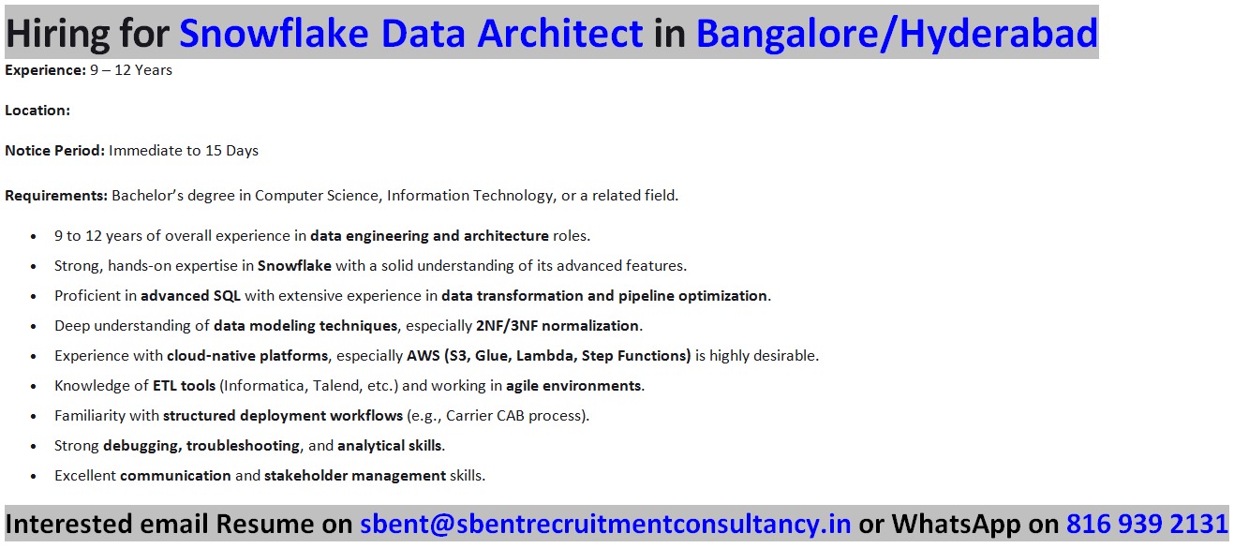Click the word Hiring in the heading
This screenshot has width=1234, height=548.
(x=57, y=34)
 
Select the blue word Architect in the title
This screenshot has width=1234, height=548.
(x=559, y=33)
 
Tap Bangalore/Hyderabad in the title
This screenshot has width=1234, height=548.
(x=897, y=34)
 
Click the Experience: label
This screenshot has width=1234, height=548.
(x=45, y=70)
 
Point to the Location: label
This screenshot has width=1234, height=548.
(x=37, y=111)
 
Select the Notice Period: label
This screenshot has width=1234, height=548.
(x=54, y=151)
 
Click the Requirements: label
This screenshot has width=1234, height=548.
(x=56, y=196)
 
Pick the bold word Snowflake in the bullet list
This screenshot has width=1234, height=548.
(x=294, y=265)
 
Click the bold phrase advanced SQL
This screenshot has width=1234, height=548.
(x=190, y=296)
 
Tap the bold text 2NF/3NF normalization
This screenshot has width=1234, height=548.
(x=558, y=325)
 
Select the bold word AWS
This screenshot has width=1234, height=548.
(x=424, y=356)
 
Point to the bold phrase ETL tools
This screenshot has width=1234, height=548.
(x=184, y=386)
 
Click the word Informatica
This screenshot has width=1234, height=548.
(x=264, y=386)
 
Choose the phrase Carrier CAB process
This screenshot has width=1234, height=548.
(x=513, y=416)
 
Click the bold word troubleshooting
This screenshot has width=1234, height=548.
(x=243, y=446)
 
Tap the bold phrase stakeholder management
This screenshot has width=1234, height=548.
(x=355, y=475)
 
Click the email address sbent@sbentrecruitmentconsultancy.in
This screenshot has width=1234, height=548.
(x=605, y=524)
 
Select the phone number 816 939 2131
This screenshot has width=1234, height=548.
(x=1148, y=524)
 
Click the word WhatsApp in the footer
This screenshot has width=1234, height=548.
(x=957, y=525)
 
